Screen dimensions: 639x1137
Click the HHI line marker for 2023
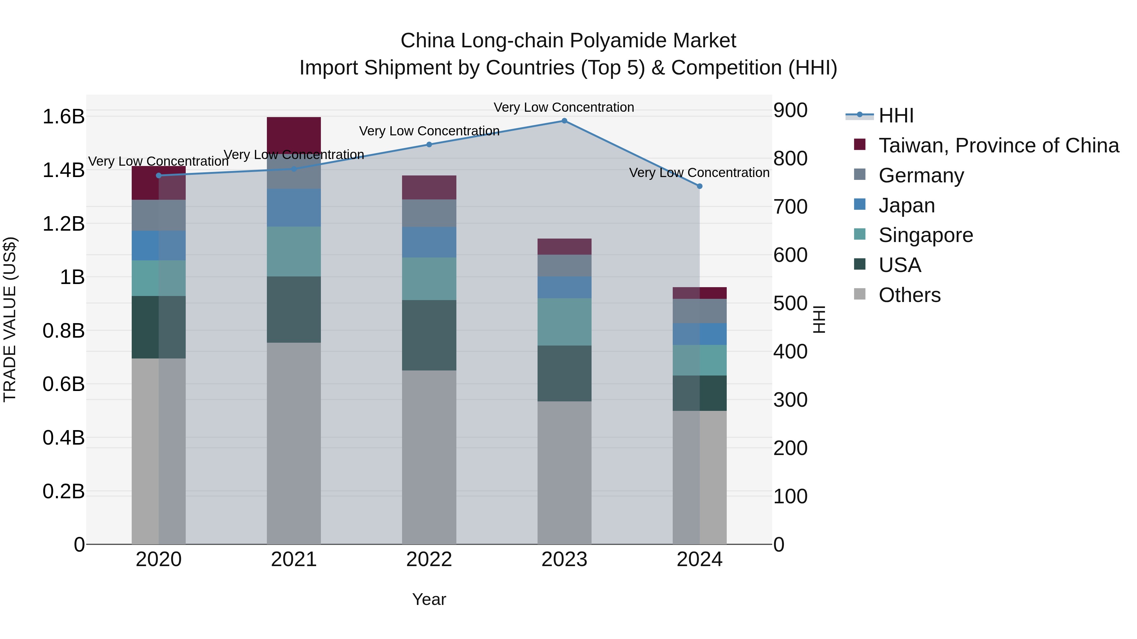564,121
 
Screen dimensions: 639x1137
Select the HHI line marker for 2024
699,186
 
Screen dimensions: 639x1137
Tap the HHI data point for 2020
159,175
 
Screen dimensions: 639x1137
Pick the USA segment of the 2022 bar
429,335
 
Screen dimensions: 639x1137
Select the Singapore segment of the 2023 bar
564,322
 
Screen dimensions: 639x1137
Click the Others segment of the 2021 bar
293,443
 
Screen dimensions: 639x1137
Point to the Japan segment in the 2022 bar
429,242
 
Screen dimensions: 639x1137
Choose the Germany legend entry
921,175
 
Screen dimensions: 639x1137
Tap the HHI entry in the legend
896,115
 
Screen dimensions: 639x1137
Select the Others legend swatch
860,294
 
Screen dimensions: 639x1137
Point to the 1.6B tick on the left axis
63,117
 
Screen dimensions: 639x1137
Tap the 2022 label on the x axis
429,559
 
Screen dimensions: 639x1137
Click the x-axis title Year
429,599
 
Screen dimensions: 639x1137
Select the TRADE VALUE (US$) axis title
10,319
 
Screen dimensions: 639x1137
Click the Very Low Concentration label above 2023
564,107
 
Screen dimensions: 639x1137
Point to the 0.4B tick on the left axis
63,438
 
